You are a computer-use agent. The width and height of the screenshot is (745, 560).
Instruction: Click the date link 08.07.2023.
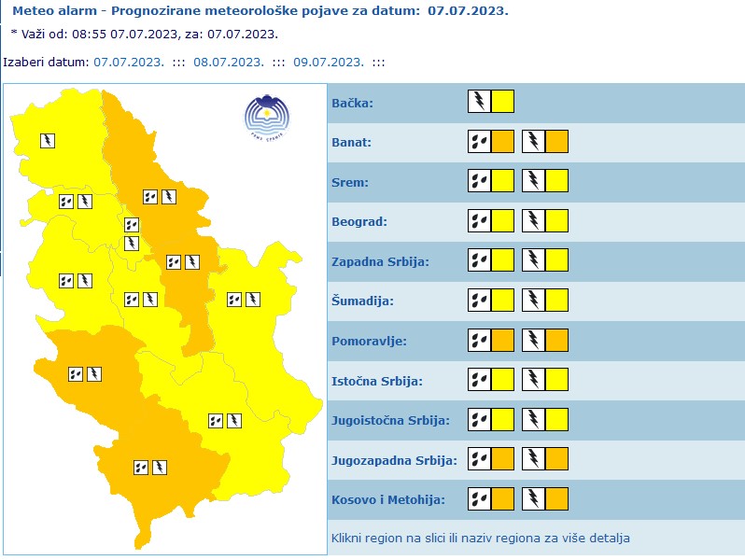pos(229,62)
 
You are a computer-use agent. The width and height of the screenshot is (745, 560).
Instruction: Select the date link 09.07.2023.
pos(328,62)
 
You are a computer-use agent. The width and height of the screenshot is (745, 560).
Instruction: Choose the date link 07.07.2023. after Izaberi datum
pos(129,62)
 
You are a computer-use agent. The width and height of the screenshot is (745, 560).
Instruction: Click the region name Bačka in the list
pos(352,103)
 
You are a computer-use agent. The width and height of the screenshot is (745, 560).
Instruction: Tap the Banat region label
pos(351,143)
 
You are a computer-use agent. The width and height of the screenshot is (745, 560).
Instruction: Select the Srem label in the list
pos(349,182)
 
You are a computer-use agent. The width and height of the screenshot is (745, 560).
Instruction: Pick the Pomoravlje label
pos(368,341)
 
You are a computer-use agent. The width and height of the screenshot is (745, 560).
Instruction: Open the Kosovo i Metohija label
pos(387,499)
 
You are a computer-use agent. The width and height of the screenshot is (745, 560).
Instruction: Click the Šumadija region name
pos(362,301)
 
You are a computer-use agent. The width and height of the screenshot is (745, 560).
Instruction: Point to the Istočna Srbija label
pos(377,381)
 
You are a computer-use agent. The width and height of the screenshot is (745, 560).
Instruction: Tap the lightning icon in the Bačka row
pos(479,102)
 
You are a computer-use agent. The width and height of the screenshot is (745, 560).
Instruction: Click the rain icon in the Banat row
pos(479,142)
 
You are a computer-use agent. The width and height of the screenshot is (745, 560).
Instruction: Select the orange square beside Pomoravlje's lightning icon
pos(556,341)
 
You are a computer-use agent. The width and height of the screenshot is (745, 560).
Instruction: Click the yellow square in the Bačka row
pos(502,102)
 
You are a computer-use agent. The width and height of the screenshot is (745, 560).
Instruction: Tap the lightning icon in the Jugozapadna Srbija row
pos(533,459)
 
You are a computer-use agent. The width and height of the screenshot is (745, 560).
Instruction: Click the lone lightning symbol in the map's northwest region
pos(48,141)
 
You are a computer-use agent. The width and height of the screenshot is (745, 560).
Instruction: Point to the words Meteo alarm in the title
pos(47,11)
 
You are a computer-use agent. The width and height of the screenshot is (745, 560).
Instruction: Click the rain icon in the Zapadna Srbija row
pos(479,261)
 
